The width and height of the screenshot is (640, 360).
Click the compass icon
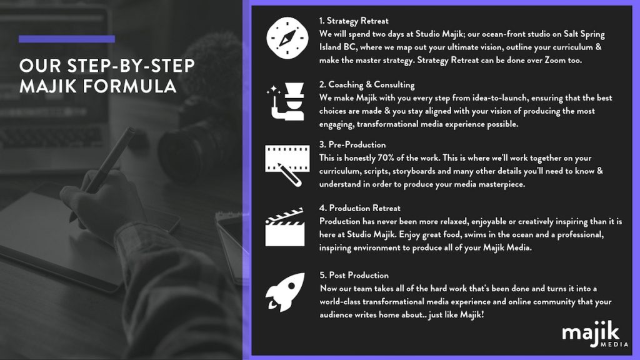click(287, 38)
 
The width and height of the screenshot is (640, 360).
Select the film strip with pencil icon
click(287, 165)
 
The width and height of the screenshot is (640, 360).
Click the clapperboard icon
click(285, 227)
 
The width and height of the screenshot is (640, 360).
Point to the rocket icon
click(285, 292)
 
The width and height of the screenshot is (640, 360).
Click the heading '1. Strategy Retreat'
click(354, 21)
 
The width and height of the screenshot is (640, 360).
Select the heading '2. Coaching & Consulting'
click(367, 84)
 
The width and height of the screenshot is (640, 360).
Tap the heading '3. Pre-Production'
click(352, 144)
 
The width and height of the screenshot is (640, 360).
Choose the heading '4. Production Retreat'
click(359, 208)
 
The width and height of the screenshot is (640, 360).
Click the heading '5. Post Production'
click(354, 275)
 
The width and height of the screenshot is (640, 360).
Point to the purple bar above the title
click(66, 39)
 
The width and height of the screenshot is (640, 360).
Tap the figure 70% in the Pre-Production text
click(386, 157)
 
